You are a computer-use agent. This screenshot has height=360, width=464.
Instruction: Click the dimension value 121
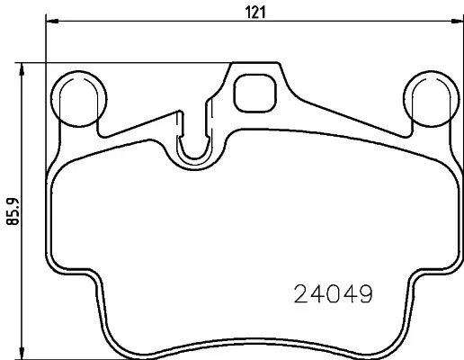click(x=254, y=13)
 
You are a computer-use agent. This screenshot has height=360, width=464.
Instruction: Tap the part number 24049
click(x=333, y=294)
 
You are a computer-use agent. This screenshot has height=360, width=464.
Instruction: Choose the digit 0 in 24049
click(x=333, y=294)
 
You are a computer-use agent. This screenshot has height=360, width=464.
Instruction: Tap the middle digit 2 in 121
click(x=254, y=13)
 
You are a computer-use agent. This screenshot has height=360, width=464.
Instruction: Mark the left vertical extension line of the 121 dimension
click(x=46, y=90)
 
